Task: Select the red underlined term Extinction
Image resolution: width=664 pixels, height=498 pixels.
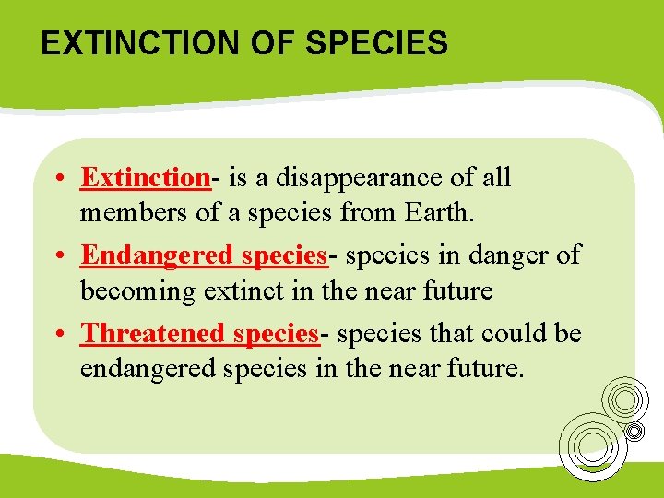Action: tap(146, 177)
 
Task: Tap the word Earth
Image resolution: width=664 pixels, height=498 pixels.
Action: tap(438, 214)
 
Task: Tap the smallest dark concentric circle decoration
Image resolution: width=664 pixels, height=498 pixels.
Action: tap(635, 431)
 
